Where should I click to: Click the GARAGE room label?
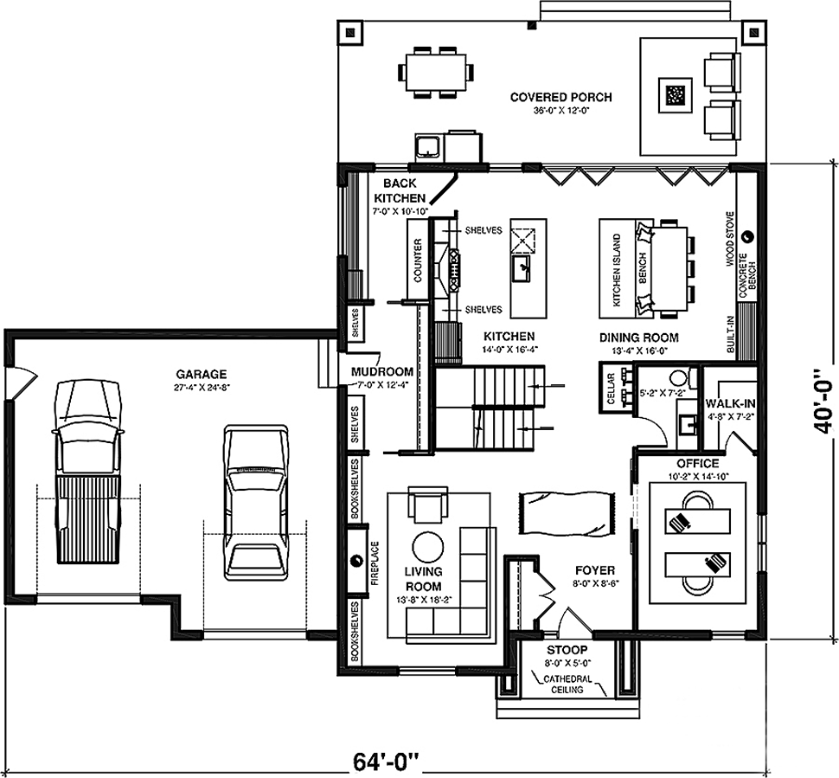point(202,374)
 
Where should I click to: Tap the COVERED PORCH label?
point(560,97)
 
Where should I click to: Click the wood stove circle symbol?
point(748,235)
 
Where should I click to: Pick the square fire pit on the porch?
point(676,96)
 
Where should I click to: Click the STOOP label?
point(567,650)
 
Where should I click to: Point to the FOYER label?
point(595,571)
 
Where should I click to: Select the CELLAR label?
point(611,389)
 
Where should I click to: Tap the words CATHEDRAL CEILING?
point(567,685)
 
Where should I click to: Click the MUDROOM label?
point(382,371)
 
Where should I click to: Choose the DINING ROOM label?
point(638,338)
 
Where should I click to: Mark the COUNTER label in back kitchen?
point(418,260)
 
